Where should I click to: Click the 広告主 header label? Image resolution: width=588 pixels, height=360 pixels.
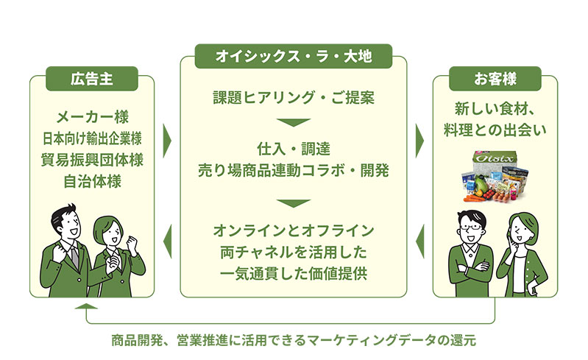click(92, 79)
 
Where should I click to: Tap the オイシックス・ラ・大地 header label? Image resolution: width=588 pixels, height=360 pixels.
click(293, 56)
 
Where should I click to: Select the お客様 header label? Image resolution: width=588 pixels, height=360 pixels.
click(495, 79)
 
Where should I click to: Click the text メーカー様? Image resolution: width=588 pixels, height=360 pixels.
click(92, 117)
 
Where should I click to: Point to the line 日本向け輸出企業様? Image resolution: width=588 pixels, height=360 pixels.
click(92, 138)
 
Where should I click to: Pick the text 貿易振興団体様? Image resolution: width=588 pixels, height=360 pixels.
click(92, 160)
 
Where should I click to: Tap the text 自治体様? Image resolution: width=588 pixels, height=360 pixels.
click(92, 182)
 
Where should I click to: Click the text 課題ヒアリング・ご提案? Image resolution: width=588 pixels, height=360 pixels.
click(294, 97)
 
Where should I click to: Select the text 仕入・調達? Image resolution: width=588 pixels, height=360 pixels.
click(294, 149)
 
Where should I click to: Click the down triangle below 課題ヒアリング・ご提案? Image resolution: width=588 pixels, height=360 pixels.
click(294, 122)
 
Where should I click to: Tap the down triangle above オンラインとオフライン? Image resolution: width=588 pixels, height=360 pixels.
click(294, 203)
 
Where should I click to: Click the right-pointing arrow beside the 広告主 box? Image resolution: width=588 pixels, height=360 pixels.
click(167, 141)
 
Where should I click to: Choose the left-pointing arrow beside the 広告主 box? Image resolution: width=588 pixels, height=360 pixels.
click(167, 241)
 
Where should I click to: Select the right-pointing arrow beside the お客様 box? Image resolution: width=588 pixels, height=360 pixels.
click(420, 141)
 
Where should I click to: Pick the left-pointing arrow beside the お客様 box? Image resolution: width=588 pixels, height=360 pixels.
click(420, 241)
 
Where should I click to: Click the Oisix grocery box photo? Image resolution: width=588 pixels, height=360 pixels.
click(495, 177)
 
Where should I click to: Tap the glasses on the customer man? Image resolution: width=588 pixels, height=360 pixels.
click(471, 227)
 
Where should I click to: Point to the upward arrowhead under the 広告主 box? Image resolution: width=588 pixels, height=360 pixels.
click(86, 306)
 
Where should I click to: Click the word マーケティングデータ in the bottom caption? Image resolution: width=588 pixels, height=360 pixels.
click(371, 341)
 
